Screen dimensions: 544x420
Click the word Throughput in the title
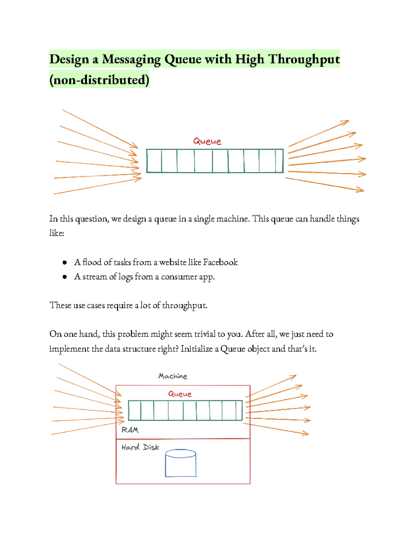pyautogui.click(x=304, y=60)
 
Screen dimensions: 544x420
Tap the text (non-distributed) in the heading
pyautogui.click(x=99, y=80)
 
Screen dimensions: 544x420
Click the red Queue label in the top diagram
pyautogui.click(x=207, y=141)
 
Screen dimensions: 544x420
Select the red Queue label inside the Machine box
pyautogui.click(x=180, y=394)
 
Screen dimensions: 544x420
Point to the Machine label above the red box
pyautogui.click(x=173, y=376)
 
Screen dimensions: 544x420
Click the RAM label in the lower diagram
pyautogui.click(x=130, y=430)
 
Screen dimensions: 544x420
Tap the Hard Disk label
pyautogui.click(x=140, y=447)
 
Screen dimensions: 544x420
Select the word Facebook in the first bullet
pyautogui.click(x=220, y=262)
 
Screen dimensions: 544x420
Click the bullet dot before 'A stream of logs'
pyautogui.click(x=64, y=277)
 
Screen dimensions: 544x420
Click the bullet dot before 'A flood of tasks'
pyautogui.click(x=64, y=262)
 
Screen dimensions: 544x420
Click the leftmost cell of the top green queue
pyautogui.click(x=154, y=161)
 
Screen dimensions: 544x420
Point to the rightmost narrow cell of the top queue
pyautogui.click(x=279, y=161)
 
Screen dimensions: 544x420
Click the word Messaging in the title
pyautogui.click(x=131, y=60)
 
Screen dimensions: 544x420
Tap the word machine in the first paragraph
pyautogui.click(x=232, y=219)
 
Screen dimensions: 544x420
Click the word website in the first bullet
pyautogui.click(x=173, y=262)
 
